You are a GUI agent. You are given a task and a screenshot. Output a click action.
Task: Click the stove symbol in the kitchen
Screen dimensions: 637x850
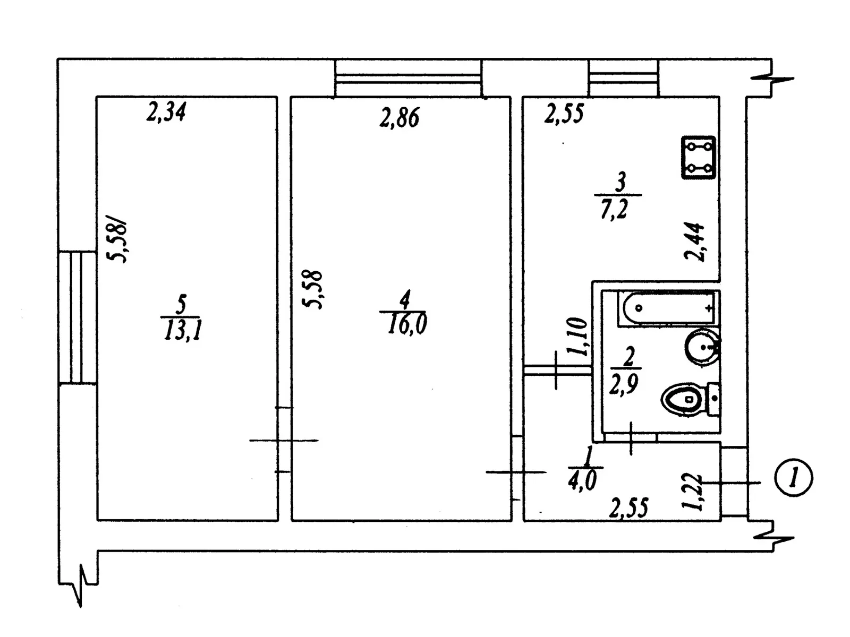pos(699,157)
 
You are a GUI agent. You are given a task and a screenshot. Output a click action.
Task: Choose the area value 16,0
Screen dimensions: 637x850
pos(406,324)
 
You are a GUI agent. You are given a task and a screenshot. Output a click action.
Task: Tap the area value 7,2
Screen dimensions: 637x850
pos(615,209)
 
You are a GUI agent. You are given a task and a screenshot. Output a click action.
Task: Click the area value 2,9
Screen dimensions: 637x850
pos(624,384)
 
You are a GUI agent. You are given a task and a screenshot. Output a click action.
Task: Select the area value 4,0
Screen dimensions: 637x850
pos(582,481)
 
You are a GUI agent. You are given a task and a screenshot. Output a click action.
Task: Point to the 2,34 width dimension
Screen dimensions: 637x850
pos(166,113)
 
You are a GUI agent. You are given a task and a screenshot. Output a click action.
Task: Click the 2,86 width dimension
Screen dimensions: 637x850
pos(399,117)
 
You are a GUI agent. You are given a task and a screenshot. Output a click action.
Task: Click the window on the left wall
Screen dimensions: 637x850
pos(76,317)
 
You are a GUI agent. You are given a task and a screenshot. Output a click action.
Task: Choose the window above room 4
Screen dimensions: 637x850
pos(408,78)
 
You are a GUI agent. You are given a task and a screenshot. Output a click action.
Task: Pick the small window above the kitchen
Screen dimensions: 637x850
pos(623,78)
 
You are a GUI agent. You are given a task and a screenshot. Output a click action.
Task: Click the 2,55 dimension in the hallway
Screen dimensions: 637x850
pos(629,509)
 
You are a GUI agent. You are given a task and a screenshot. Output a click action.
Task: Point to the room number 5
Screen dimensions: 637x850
pos(181,305)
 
